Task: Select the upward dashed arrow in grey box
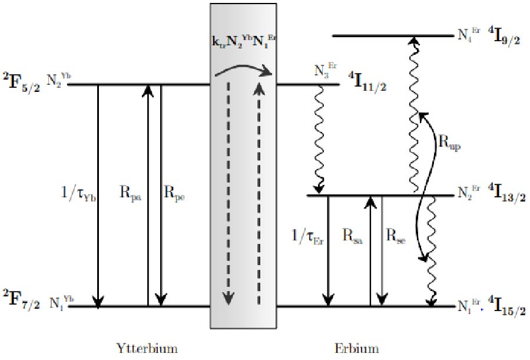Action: (258, 194)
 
